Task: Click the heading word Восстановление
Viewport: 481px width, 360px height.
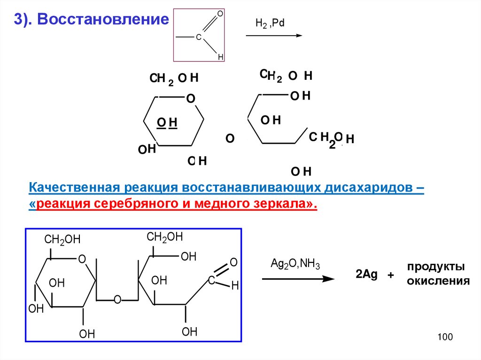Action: (x=103, y=19)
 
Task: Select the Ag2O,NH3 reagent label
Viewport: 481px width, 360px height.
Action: (x=295, y=263)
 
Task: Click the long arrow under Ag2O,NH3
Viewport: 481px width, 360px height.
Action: (x=298, y=279)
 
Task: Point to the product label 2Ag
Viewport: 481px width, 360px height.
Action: (x=366, y=275)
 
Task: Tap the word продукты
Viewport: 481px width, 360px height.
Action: (x=436, y=267)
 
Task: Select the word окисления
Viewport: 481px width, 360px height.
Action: (x=438, y=281)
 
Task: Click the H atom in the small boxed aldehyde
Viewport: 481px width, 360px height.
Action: (x=220, y=57)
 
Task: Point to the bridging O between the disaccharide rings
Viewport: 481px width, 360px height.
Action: (x=117, y=299)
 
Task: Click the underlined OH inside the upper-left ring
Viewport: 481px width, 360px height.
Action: (x=167, y=123)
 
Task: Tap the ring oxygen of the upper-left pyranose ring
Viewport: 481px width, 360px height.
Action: (x=190, y=99)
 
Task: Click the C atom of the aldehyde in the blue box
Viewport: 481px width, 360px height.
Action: (x=211, y=280)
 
